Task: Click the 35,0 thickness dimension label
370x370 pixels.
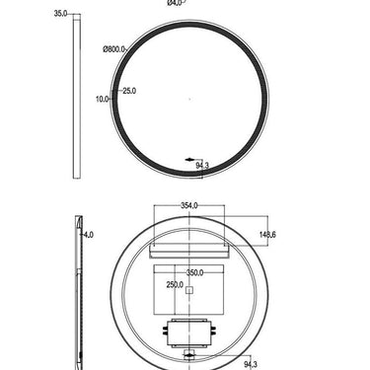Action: (x=60, y=15)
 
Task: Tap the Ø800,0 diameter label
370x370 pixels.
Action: (x=114, y=46)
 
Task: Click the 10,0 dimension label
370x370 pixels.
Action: (x=103, y=99)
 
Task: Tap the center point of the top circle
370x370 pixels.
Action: (x=188, y=99)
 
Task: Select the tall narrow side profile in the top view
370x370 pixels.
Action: (x=75, y=99)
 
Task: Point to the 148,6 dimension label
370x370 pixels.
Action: (x=267, y=235)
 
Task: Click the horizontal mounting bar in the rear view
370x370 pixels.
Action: (x=188, y=252)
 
